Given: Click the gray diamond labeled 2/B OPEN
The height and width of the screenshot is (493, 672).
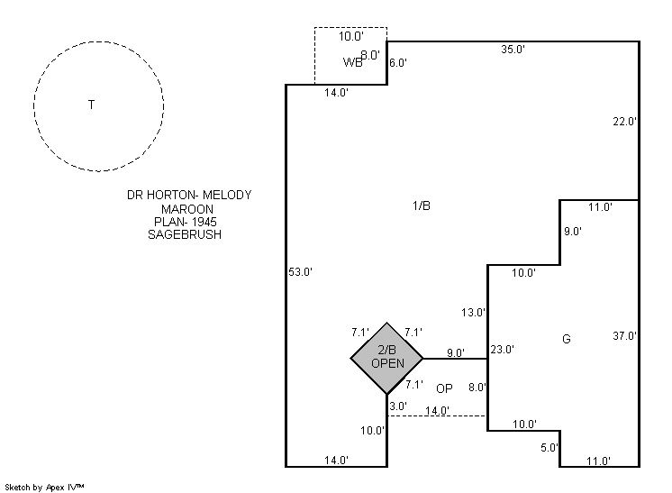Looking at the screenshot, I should [x=387, y=358].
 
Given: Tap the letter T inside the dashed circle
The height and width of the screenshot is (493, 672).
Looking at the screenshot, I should [x=91, y=105].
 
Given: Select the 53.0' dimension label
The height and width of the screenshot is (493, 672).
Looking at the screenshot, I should [x=299, y=271].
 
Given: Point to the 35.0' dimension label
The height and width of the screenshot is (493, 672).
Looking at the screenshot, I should [x=513, y=50].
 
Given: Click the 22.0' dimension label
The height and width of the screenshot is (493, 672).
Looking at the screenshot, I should [x=625, y=121].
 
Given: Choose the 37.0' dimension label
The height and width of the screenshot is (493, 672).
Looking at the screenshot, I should [x=625, y=336].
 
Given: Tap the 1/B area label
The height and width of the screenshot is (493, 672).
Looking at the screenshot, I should [x=421, y=205].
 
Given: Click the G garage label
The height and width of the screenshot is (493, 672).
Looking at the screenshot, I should [x=567, y=339].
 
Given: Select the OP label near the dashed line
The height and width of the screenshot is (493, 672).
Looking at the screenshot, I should [x=444, y=388].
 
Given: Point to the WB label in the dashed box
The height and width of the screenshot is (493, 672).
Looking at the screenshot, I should [x=352, y=62].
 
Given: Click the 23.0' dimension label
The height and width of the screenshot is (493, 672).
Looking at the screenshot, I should [x=502, y=350].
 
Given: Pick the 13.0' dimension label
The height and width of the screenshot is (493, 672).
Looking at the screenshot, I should [x=474, y=313].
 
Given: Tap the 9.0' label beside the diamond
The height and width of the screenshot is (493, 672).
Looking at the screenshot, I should [x=455, y=353].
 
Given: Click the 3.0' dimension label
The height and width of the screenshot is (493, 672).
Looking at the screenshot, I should [x=398, y=406].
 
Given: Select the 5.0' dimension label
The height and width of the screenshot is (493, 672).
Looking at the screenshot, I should [x=549, y=447].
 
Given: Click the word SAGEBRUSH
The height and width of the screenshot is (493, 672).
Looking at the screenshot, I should [x=184, y=234].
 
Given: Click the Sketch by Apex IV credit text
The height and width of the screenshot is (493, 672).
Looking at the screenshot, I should [x=46, y=487].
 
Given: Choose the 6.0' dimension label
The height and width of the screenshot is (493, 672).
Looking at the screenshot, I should [x=398, y=63].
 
